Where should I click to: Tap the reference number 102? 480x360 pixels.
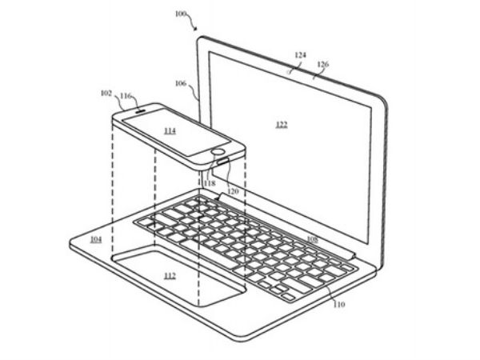pos(106,94)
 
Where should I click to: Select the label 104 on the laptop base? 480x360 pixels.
pos(96,240)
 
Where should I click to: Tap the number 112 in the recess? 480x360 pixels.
pos(170,276)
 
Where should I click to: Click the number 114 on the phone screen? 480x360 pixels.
pos(170,130)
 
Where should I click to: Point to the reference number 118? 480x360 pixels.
pos(210,183)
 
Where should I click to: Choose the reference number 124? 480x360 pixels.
pos(300,55)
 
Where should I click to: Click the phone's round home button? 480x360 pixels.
pos(218,150)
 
